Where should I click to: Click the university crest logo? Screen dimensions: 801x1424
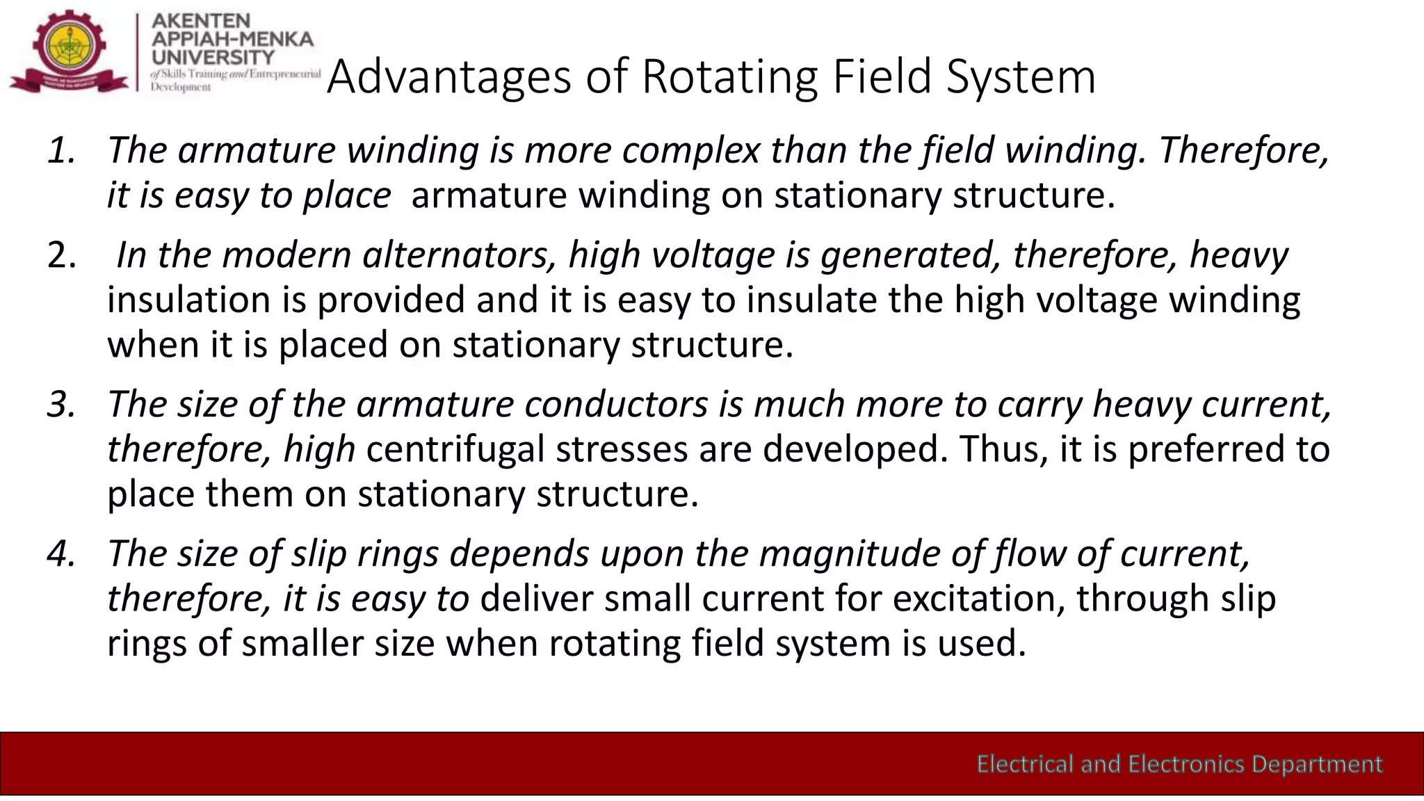coord(70,50)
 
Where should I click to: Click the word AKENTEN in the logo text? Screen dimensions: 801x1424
coord(201,21)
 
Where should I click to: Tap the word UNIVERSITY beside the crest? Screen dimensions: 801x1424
coord(213,58)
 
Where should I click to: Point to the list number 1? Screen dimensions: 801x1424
coord(61,150)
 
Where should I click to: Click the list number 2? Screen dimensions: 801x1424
coord(61,255)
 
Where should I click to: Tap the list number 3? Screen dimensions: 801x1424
coord(61,404)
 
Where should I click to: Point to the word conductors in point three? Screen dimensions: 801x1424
coord(616,404)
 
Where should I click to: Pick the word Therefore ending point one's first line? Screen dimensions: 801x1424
coord(1243,150)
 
